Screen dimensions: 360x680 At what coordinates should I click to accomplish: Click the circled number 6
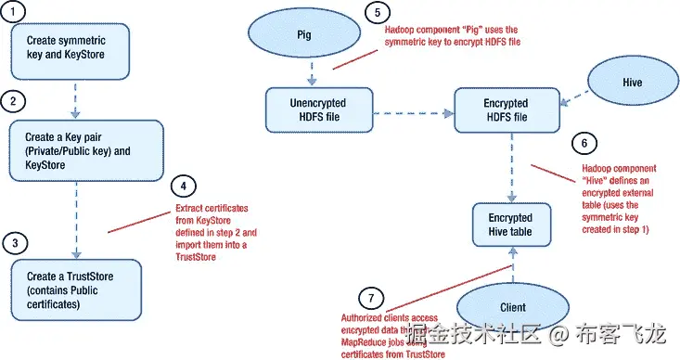coord(583,144)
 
